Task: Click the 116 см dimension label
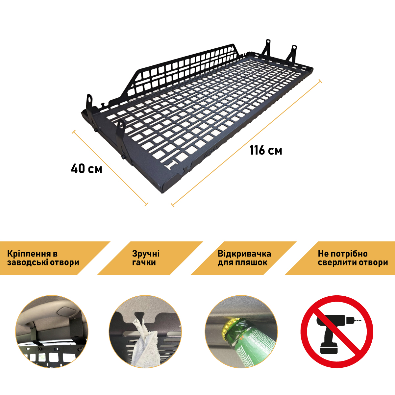pyautogui.click(x=266, y=150)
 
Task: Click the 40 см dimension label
pyautogui.click(x=86, y=168)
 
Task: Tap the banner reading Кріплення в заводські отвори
pyautogui.click(x=55, y=258)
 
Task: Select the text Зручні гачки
pyautogui.click(x=146, y=258)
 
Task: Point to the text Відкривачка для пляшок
pyautogui.click(x=244, y=258)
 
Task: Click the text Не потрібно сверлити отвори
pyautogui.click(x=353, y=258)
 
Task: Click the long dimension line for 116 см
pyautogui.click(x=246, y=143)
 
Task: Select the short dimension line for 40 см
pyautogui.click(x=110, y=168)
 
